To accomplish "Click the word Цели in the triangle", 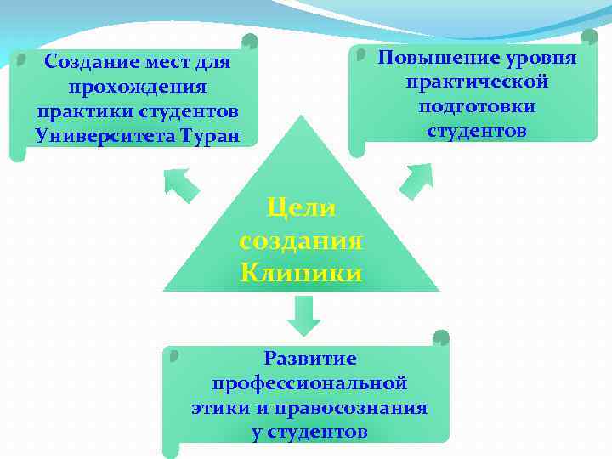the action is (301, 207).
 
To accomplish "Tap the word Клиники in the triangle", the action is (301, 273).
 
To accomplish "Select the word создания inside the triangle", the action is (301, 241).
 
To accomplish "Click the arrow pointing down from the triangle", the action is (303, 314).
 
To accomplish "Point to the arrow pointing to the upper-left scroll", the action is (181, 184).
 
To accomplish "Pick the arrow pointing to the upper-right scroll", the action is (416, 180).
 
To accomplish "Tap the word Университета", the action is (103, 135).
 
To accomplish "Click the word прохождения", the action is (137, 87).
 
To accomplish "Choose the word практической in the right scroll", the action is (477, 82).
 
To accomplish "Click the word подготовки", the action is (477, 107).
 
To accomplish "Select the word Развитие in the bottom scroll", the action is (309, 359).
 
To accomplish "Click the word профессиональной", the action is (309, 383).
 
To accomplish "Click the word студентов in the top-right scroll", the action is (477, 132).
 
